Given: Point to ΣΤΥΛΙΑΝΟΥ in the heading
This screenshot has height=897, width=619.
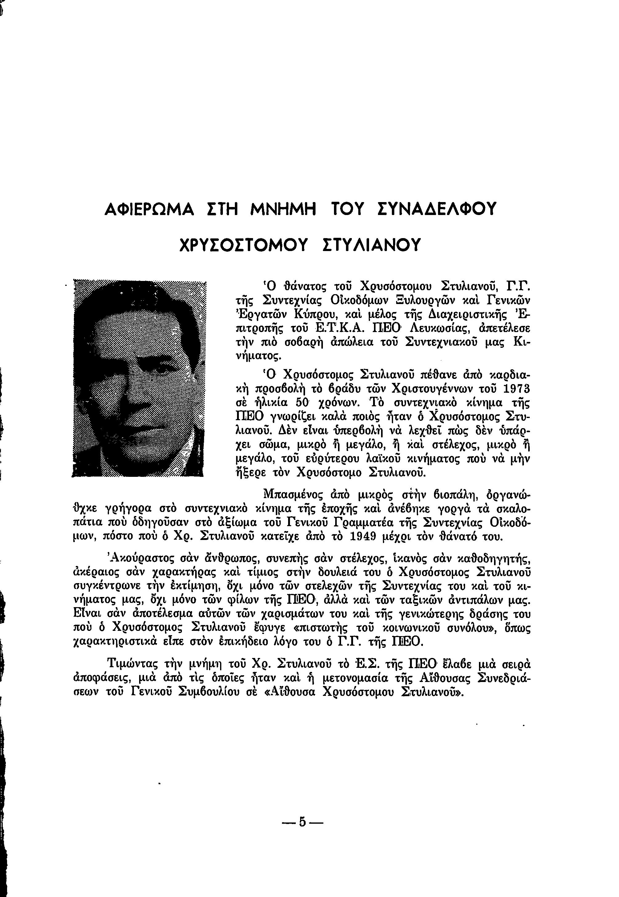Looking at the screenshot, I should tap(372, 245).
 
